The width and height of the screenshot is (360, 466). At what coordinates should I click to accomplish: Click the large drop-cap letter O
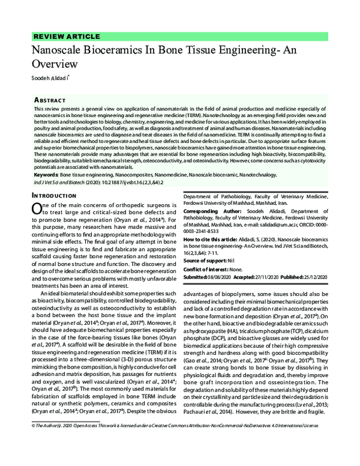click(x=35, y=208)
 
